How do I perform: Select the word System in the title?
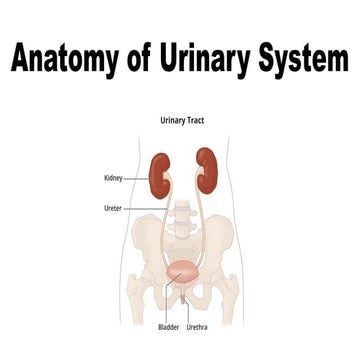pos(299,61)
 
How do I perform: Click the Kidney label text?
pos(114,178)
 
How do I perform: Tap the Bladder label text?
pos(169,326)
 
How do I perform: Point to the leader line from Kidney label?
pos(138,178)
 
